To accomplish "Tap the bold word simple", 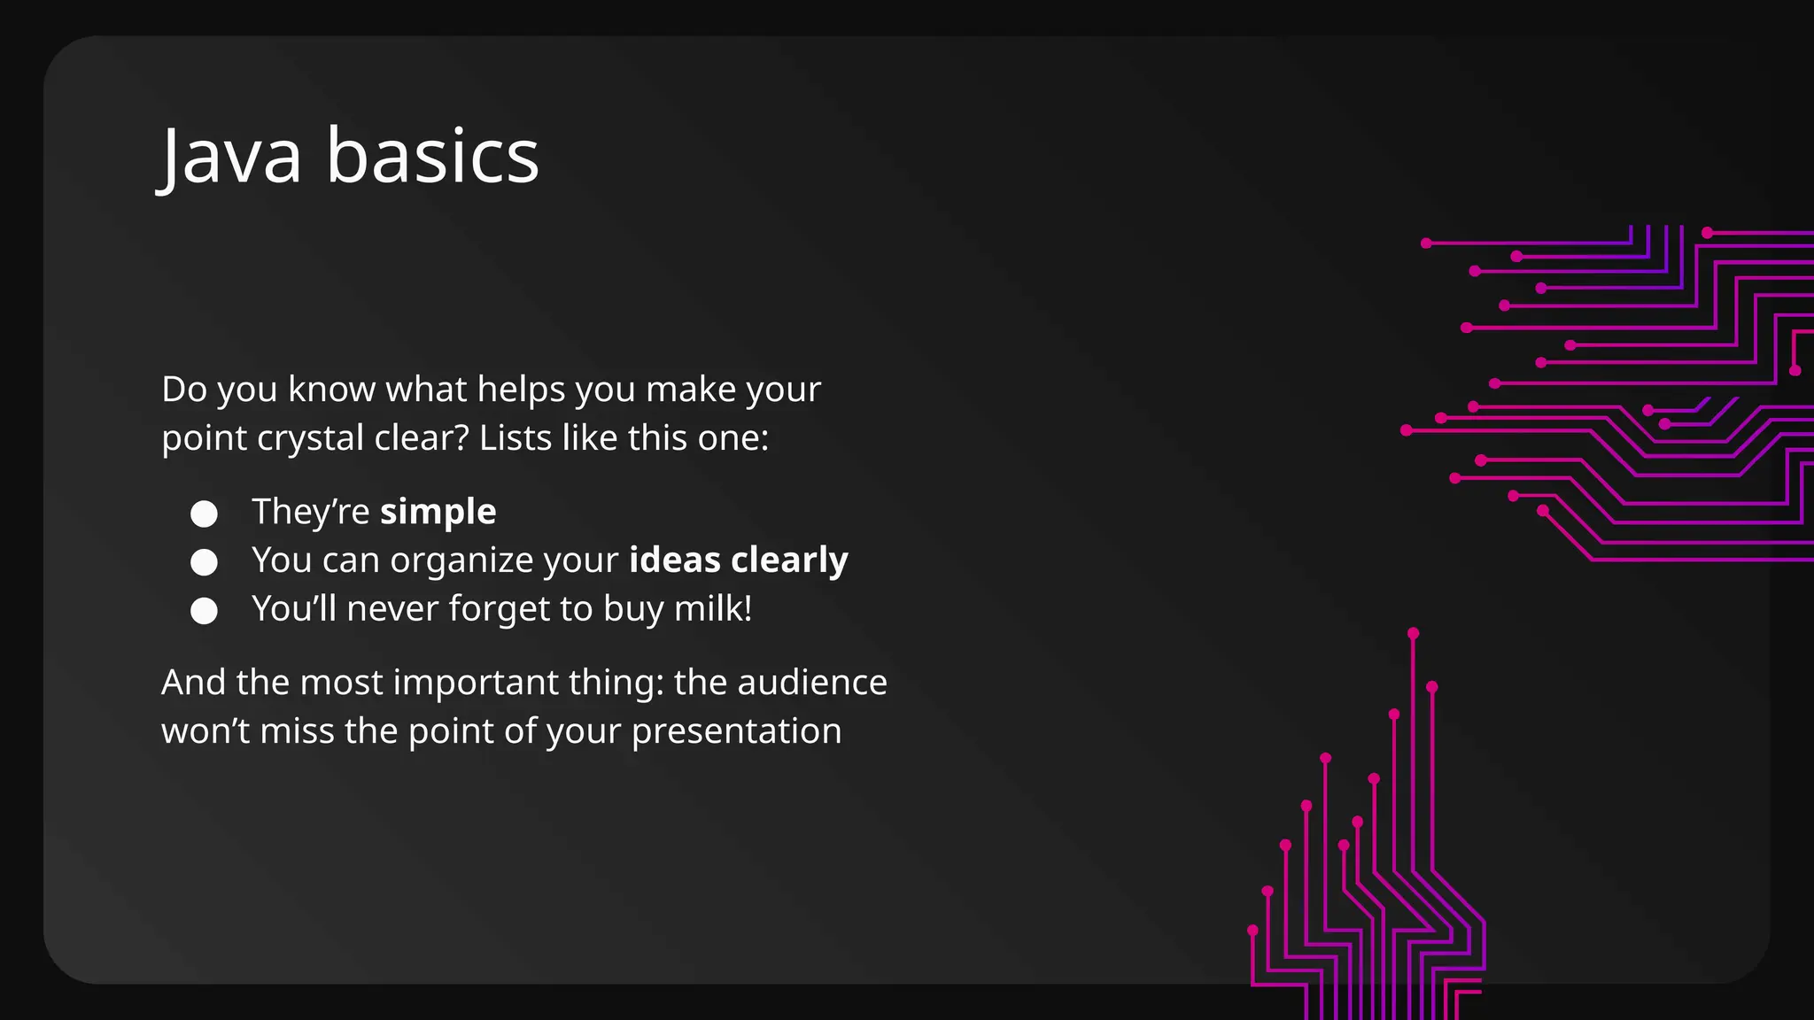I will (438, 512).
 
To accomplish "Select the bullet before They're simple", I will (204, 514).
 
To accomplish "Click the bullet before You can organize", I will (204, 562).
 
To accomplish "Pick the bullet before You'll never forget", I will (204, 611).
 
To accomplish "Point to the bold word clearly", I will (789, 560).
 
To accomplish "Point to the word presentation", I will (736, 731).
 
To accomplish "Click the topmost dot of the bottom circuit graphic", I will (1413, 633).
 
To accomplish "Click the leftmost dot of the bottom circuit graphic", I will (1252, 930).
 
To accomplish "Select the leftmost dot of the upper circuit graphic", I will (1406, 430).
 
